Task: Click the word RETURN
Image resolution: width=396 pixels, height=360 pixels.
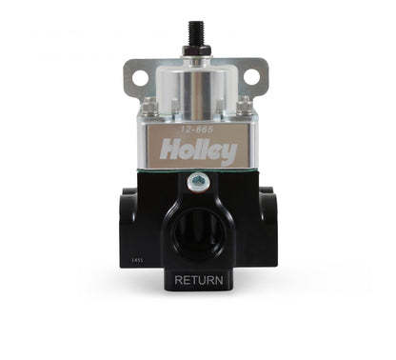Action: click(x=199, y=280)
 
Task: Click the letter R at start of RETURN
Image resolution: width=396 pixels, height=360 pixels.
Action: click(x=178, y=280)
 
